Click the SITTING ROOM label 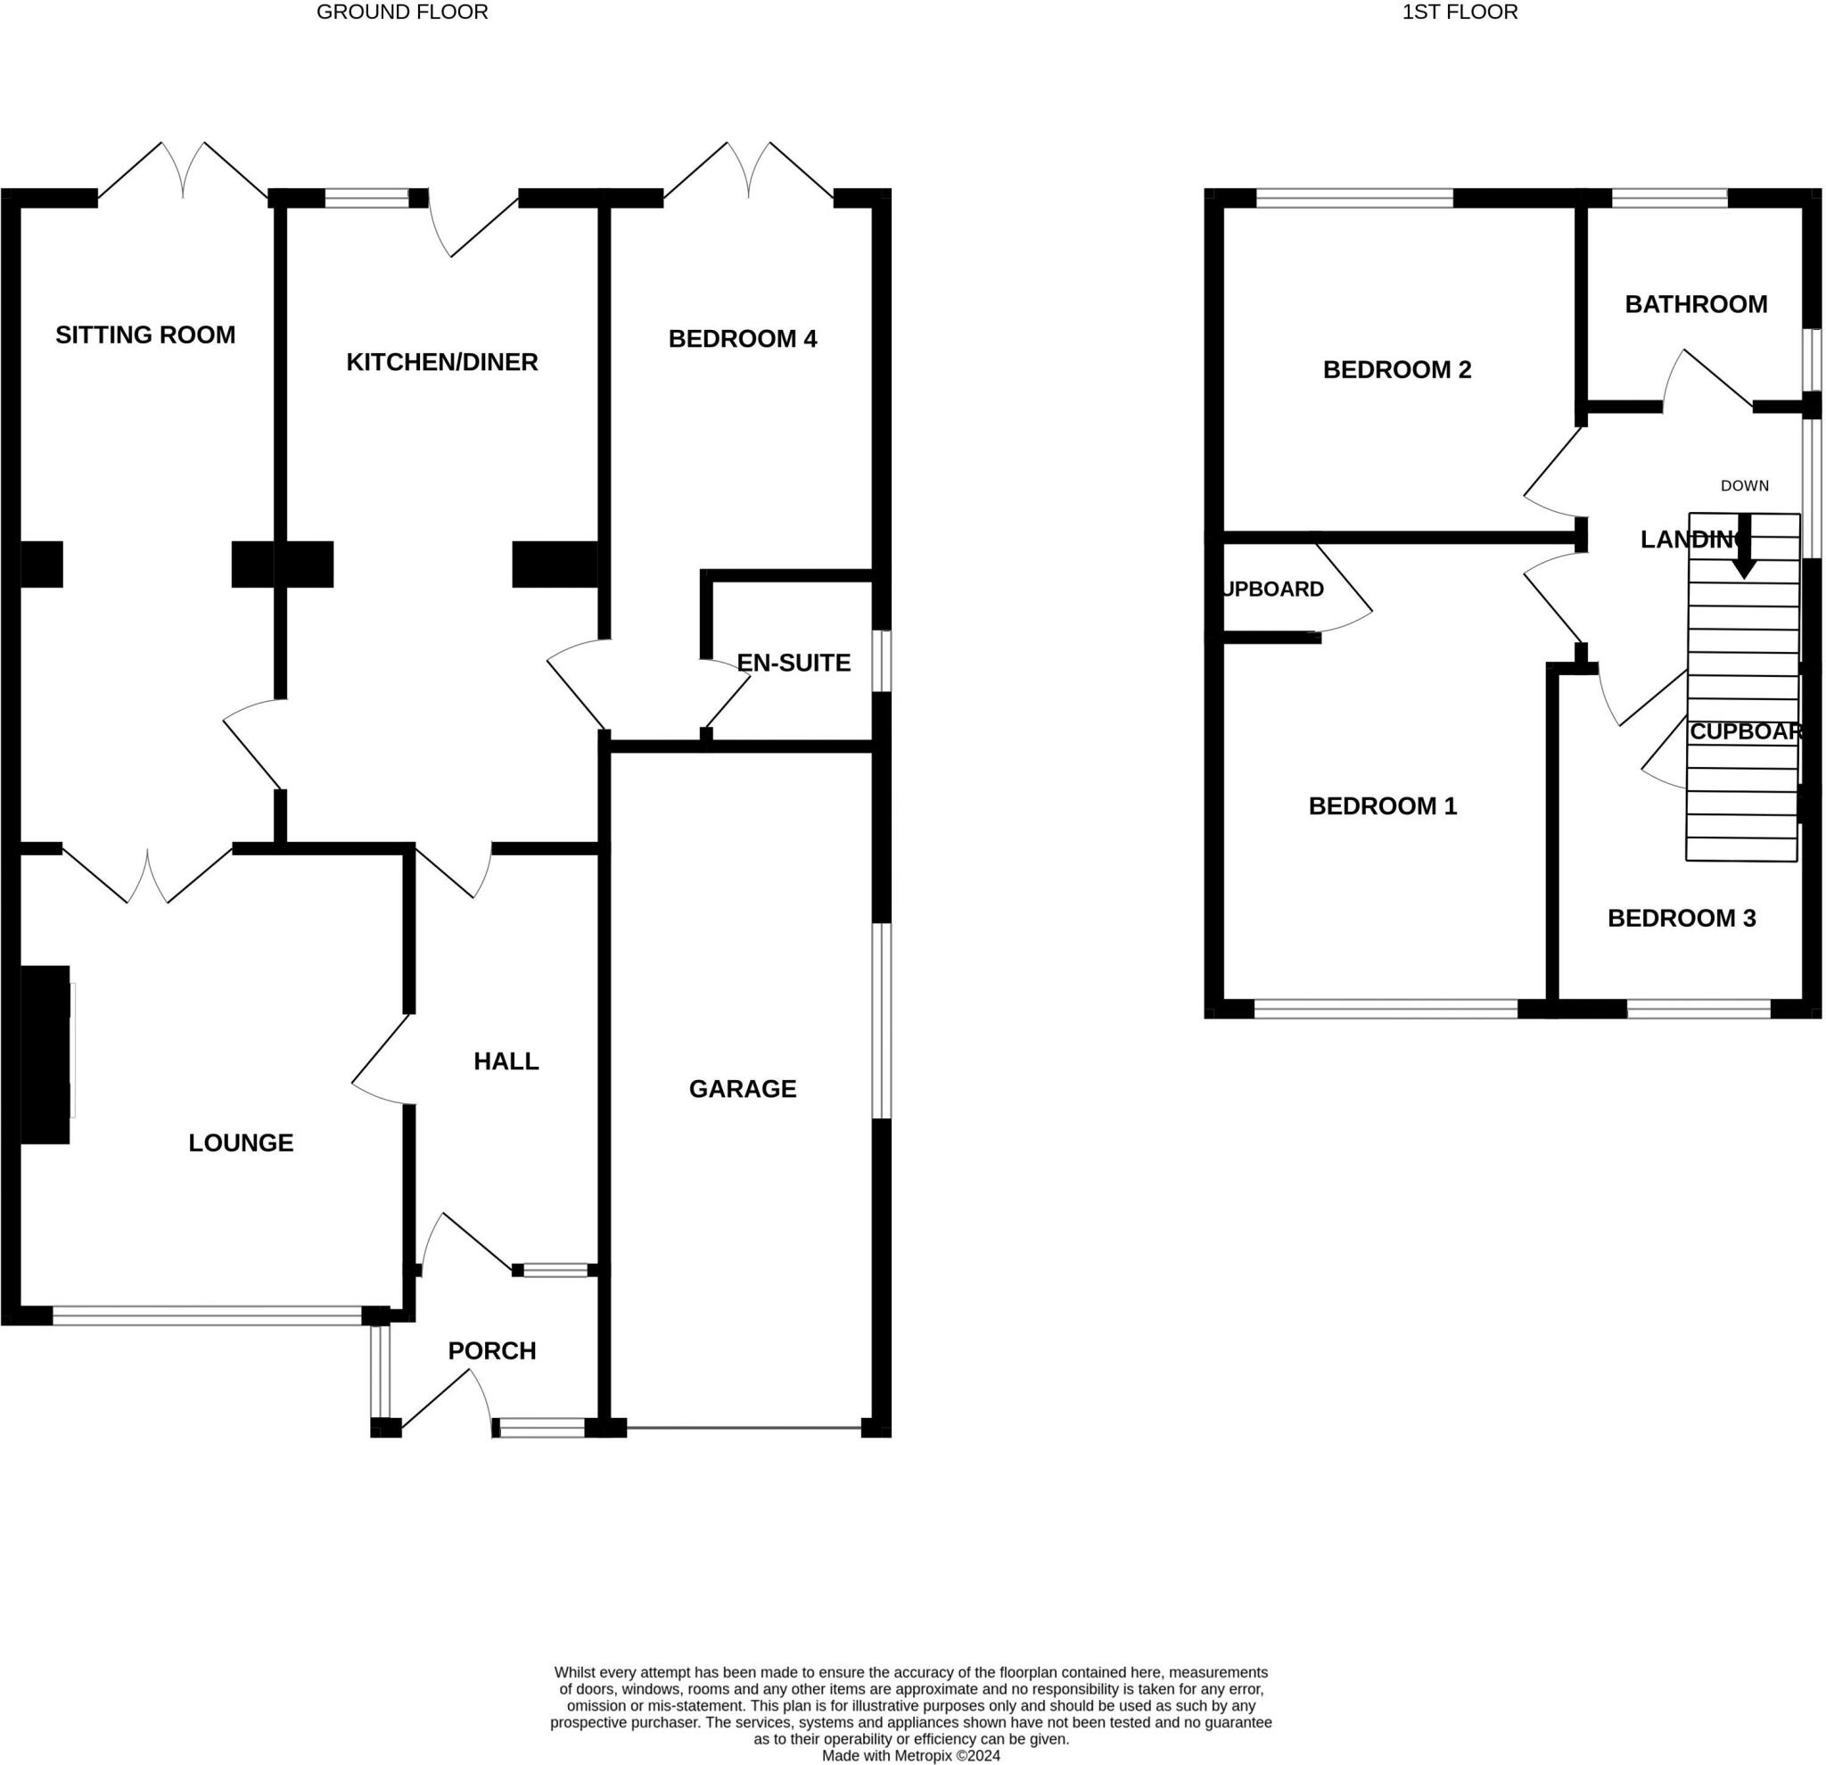pyautogui.click(x=145, y=334)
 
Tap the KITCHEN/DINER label pyautogui.click(x=441, y=361)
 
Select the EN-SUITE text pyautogui.click(x=793, y=663)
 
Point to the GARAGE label pyautogui.click(x=743, y=1088)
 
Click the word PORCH pyautogui.click(x=492, y=1350)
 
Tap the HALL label pyautogui.click(x=506, y=1060)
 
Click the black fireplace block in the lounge pyautogui.click(x=45, y=1054)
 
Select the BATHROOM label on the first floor pyautogui.click(x=1696, y=304)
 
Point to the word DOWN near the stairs pyautogui.click(x=1744, y=485)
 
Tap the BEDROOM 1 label pyautogui.click(x=1383, y=805)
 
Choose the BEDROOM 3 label pyautogui.click(x=1682, y=918)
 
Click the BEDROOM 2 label pyautogui.click(x=1396, y=369)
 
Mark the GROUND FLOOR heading pyautogui.click(x=401, y=12)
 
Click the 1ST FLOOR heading pyautogui.click(x=1460, y=12)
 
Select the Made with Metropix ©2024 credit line pyautogui.click(x=910, y=1756)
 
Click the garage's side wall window pyautogui.click(x=881, y=1020)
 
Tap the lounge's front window pyautogui.click(x=207, y=1315)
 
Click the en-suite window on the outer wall pyautogui.click(x=881, y=661)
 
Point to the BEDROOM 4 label pyautogui.click(x=743, y=338)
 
